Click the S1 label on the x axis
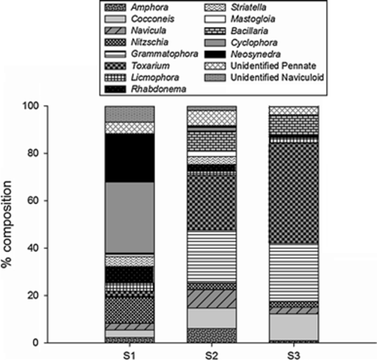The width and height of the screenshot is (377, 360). pos(130,352)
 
